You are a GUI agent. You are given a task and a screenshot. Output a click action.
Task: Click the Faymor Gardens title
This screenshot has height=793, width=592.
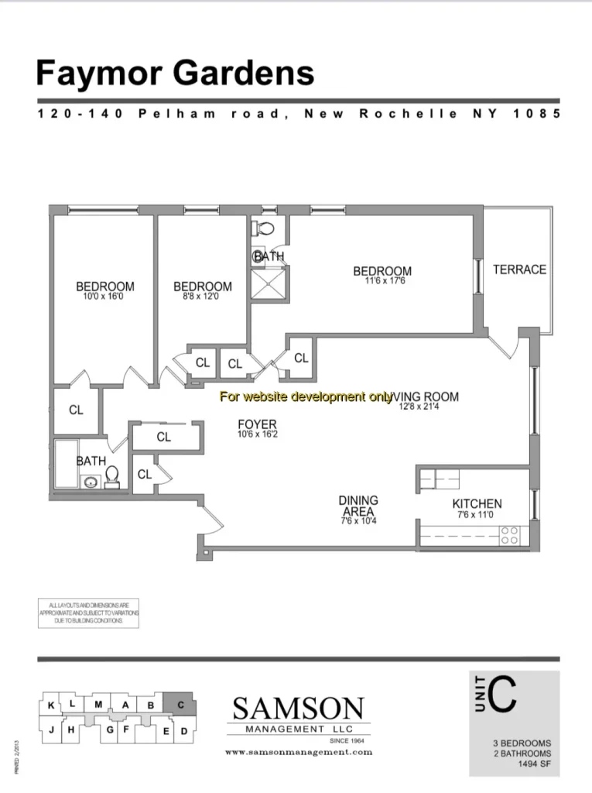[x=175, y=74]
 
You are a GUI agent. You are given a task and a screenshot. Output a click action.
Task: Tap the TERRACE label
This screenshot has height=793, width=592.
[x=519, y=269]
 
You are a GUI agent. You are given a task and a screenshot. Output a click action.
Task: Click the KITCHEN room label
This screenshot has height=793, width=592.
[x=477, y=503]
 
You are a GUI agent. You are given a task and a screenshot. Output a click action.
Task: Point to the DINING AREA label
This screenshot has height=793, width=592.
[x=358, y=506]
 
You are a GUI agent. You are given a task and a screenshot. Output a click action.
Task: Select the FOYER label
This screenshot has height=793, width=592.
[x=257, y=424]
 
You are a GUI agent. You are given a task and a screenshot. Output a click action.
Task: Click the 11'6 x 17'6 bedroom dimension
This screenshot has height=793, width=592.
[x=382, y=281]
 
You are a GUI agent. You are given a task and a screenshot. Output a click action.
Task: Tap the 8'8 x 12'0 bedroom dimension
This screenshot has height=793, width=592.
[x=202, y=297]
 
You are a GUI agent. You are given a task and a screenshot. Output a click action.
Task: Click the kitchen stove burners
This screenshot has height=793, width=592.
[x=509, y=535]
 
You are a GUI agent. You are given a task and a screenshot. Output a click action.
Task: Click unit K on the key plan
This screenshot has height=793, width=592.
[x=51, y=705]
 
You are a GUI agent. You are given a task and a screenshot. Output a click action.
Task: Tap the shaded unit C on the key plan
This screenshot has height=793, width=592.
[x=180, y=705]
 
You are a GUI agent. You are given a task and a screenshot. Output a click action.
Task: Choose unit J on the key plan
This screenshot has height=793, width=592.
[x=51, y=729]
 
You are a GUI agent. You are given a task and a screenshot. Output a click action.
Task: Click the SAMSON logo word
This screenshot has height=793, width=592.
[x=298, y=708]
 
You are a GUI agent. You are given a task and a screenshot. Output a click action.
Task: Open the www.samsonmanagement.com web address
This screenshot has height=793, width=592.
[x=298, y=752]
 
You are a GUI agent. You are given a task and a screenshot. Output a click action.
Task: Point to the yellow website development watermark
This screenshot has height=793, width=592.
[x=306, y=397]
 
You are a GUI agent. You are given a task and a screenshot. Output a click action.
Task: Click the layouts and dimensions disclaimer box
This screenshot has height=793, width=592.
[x=88, y=613]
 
